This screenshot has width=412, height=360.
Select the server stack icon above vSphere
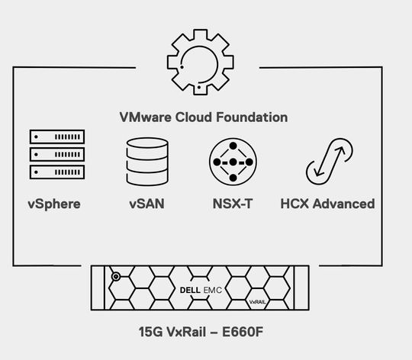(x=57, y=154)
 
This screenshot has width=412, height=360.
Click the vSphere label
(x=54, y=204)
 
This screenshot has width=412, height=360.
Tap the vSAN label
(x=146, y=204)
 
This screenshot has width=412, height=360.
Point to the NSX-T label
(x=233, y=204)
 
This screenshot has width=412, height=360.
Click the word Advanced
(x=344, y=204)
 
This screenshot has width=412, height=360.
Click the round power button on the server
(x=116, y=276)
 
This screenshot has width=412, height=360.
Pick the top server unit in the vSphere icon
(x=57, y=137)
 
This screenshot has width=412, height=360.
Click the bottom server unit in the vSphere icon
(x=57, y=171)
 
